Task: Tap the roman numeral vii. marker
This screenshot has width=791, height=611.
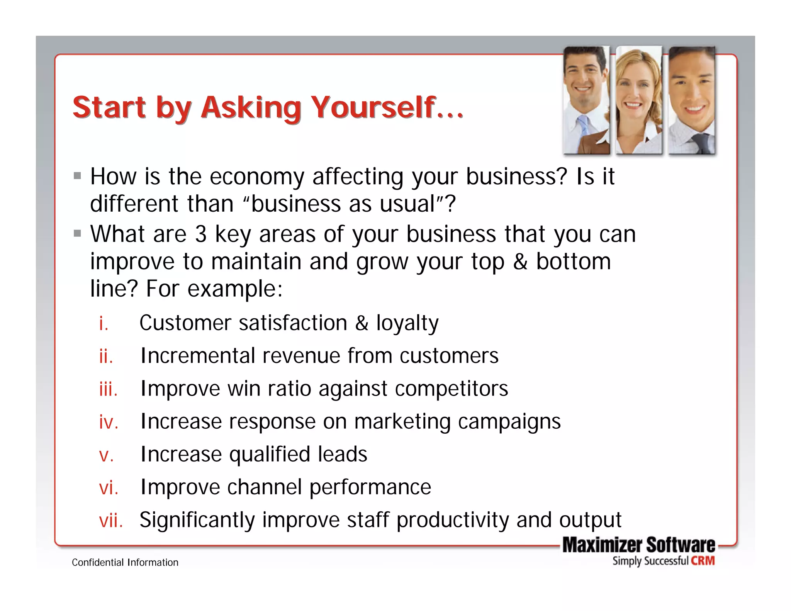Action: [x=111, y=520]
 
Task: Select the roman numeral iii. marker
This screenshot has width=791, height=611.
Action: [x=108, y=389]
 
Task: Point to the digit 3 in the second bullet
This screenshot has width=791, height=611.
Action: [x=201, y=234]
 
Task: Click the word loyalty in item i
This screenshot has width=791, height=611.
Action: [x=407, y=323]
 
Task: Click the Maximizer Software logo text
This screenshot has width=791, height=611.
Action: [x=638, y=545]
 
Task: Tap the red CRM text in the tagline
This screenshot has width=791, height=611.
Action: [x=703, y=561]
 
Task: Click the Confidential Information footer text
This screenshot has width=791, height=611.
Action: [x=125, y=562]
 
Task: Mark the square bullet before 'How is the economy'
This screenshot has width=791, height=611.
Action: [x=78, y=176]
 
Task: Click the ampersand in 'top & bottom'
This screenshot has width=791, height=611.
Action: [x=520, y=262]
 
